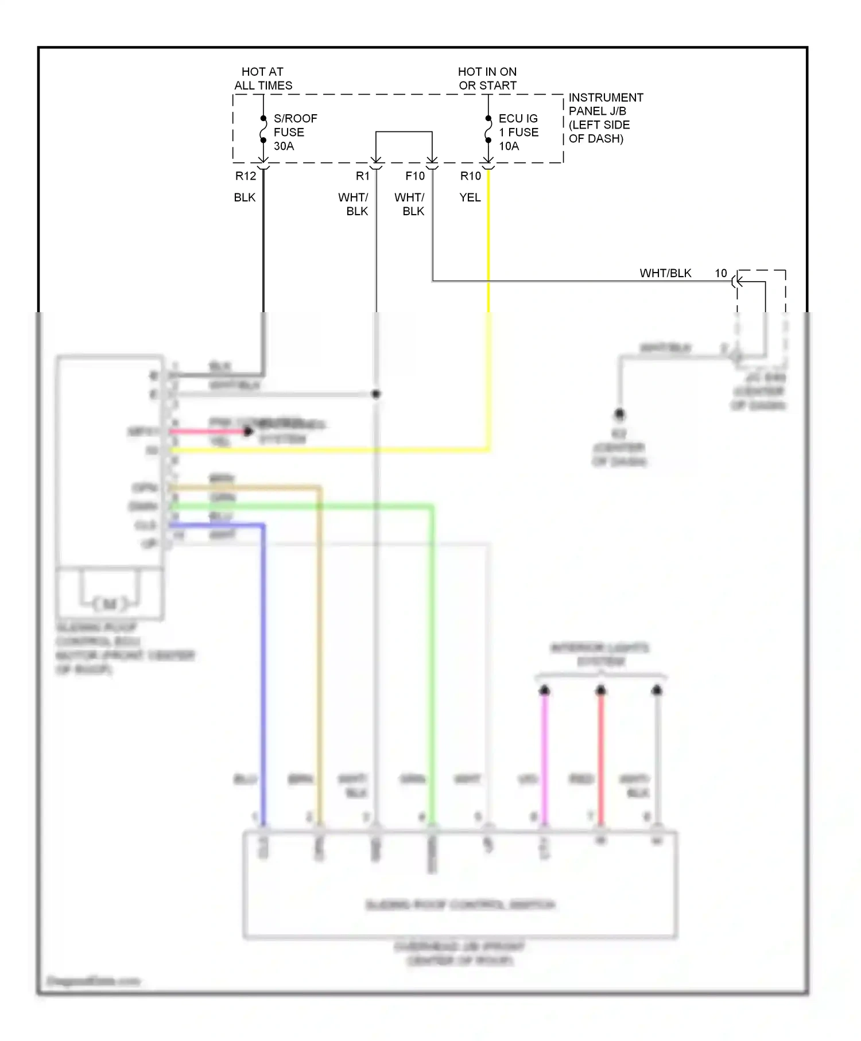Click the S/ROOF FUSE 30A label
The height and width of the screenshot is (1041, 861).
click(294, 132)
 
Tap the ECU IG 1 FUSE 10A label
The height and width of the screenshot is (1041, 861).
click(518, 132)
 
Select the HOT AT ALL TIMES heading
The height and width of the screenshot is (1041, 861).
click(263, 79)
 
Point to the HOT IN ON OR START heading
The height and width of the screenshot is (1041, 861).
click(487, 79)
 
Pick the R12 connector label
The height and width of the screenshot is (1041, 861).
click(246, 176)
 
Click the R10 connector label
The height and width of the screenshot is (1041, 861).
click(471, 176)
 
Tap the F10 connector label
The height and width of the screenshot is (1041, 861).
click(415, 176)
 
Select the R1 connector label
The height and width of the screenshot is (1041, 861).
click(363, 176)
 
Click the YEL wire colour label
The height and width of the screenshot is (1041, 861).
click(470, 197)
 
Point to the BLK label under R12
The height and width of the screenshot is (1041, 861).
click(245, 197)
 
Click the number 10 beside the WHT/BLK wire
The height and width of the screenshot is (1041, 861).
click(721, 274)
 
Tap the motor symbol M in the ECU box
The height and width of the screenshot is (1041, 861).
click(110, 603)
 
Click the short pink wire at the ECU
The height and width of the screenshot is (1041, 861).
click(207, 432)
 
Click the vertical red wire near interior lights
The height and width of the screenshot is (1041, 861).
click(601, 758)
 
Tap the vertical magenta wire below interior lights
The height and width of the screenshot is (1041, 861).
click(545, 758)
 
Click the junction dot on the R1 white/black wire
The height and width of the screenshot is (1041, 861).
click(376, 394)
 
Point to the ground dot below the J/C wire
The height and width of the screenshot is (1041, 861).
click(619, 414)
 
